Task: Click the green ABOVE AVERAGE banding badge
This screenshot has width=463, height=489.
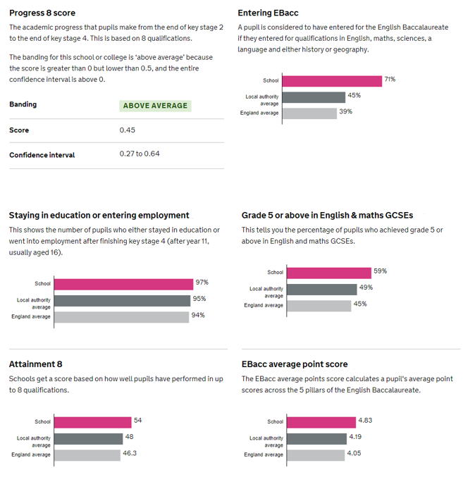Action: coord(155,106)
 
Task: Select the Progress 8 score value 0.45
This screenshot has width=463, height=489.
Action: coord(128,130)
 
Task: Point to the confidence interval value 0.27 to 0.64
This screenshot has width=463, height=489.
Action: coord(140,154)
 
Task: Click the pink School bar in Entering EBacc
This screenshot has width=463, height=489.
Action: coord(332,81)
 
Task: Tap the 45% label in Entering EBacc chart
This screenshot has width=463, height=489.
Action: coord(354,95)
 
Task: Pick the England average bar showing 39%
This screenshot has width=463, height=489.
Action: coord(310,113)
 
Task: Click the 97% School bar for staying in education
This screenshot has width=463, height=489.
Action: coord(124,285)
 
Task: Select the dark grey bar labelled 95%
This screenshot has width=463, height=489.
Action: coord(123,301)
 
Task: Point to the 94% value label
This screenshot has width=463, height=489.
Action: coord(198,315)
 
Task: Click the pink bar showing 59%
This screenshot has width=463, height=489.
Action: coord(329,273)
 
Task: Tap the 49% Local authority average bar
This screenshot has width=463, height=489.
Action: coord(322,290)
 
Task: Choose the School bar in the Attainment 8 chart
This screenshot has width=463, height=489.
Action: coord(93,423)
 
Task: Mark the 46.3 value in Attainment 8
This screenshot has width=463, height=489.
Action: coord(130,453)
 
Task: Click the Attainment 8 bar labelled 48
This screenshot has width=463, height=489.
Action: coord(89,439)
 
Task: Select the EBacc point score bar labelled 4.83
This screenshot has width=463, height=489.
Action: coord(321,423)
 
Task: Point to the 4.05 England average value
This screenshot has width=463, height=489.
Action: coord(354,453)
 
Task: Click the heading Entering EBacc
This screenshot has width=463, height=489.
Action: coord(268,13)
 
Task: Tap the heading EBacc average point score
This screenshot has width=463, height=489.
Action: coord(295,364)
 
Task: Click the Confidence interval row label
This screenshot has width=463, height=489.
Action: coord(42,155)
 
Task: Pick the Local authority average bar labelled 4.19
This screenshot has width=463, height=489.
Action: coord(316,439)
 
